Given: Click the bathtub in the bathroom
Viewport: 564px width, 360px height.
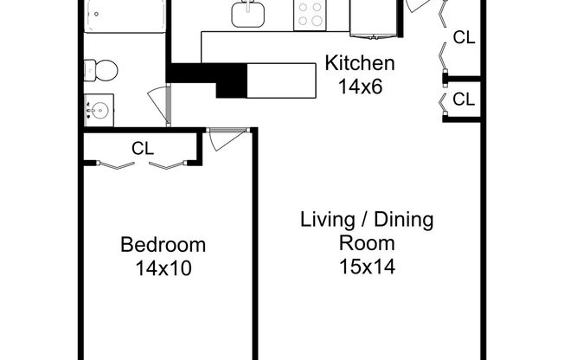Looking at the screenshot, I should pos(125,16).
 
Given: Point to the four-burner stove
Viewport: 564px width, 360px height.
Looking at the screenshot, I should pos(311,15).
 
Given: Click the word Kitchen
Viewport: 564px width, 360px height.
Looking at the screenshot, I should pos(360,63).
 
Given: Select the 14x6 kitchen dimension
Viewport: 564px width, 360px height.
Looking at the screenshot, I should pos(360,86).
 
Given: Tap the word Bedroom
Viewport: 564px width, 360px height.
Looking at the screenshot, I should pos(163,244).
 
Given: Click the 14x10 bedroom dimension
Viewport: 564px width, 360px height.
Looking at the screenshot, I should pos(163,267).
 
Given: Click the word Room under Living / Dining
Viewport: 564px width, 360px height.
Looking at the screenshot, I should pos(368,243).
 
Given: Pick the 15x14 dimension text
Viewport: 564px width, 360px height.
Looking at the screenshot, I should pos(368,267).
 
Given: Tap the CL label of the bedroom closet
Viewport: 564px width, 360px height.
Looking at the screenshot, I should pos(143,148).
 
